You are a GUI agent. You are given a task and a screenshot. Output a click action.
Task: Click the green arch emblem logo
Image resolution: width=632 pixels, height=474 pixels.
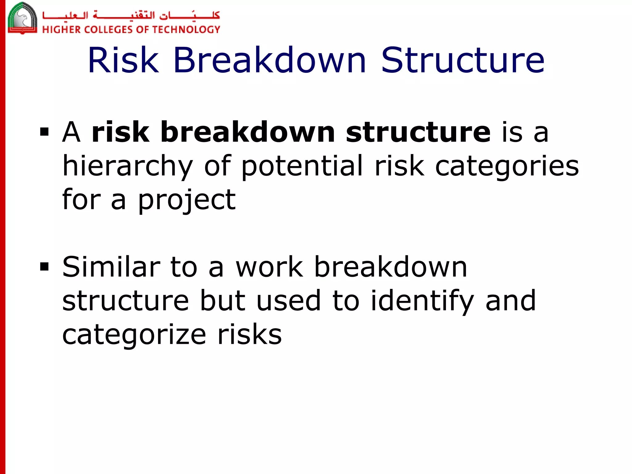(22, 18)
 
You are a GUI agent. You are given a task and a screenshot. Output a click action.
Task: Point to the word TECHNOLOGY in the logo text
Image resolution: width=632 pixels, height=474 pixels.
(186, 30)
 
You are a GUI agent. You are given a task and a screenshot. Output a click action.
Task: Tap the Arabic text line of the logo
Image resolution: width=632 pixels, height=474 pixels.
(131, 15)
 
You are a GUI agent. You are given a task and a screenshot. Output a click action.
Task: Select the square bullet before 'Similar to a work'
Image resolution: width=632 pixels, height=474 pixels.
(44, 267)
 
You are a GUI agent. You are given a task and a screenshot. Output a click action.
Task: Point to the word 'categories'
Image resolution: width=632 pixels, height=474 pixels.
(507, 167)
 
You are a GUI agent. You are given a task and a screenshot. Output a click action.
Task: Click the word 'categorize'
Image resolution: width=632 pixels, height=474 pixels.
(134, 335)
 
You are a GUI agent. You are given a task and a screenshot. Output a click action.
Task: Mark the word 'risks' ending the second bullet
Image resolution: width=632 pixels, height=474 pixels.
(249, 335)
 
